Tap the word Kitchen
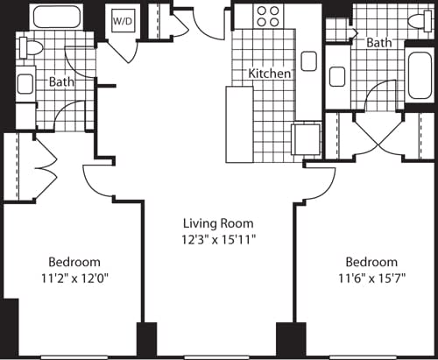pyautogui.click(x=269, y=74)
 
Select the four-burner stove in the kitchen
pyautogui.click(x=268, y=17)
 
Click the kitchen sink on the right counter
pyautogui.click(x=308, y=60)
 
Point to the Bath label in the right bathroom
pyautogui.click(x=379, y=42)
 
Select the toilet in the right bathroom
pyautogui.click(x=417, y=20)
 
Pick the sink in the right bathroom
pyautogui.click(x=337, y=76)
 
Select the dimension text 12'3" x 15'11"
pyautogui.click(x=219, y=238)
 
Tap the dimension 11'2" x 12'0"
pyautogui.click(x=74, y=278)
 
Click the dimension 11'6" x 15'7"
pyautogui.click(x=371, y=278)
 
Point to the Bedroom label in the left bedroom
pyautogui.click(x=74, y=262)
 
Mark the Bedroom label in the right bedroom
pyautogui.click(x=371, y=262)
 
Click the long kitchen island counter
pyautogui.click(x=238, y=124)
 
